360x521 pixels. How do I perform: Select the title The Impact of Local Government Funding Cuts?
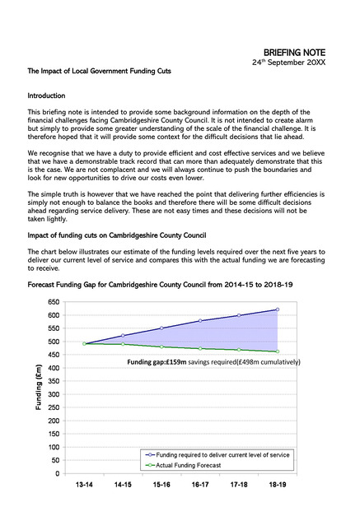click(x=100, y=72)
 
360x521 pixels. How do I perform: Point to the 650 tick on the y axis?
click(x=54, y=302)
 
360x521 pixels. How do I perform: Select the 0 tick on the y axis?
click(x=58, y=474)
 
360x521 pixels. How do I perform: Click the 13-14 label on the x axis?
click(x=84, y=485)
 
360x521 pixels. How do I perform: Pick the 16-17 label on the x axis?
click(x=200, y=485)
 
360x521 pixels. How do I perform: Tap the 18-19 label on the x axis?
click(x=278, y=485)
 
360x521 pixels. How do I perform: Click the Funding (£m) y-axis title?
click(x=38, y=388)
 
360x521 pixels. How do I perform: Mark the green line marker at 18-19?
click(x=278, y=351)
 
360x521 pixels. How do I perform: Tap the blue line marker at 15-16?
click(x=161, y=328)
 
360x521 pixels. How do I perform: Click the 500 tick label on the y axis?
click(x=54, y=342)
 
